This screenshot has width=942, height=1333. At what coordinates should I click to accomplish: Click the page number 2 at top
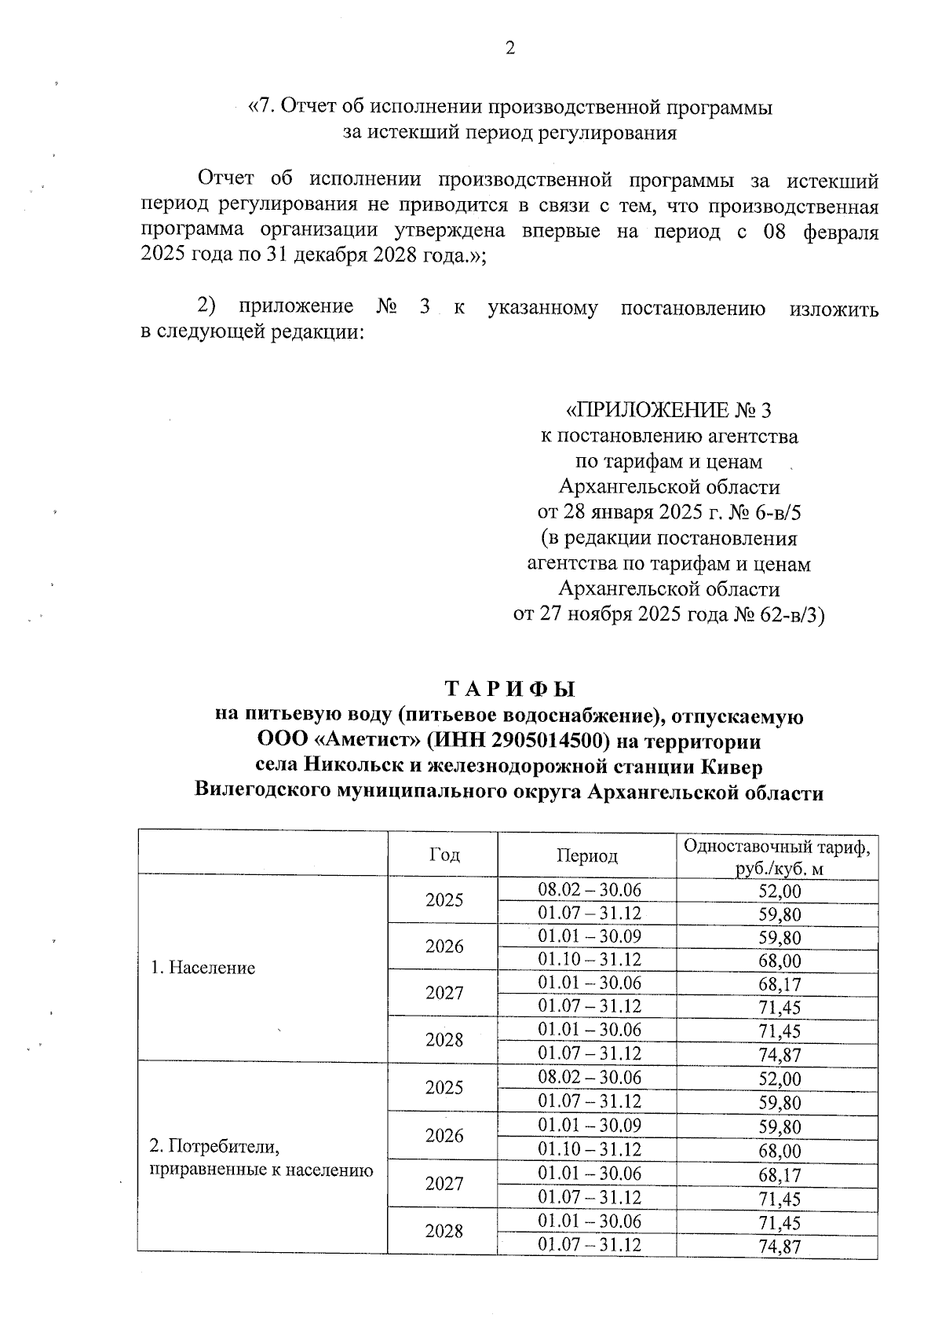[509, 49]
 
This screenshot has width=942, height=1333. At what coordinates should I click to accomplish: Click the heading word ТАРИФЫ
[509, 690]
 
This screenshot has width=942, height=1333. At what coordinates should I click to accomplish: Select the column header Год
[444, 855]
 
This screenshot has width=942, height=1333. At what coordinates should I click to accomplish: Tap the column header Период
[587, 855]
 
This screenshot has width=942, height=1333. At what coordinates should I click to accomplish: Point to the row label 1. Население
[203, 968]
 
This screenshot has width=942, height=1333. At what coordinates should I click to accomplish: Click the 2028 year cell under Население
[444, 1040]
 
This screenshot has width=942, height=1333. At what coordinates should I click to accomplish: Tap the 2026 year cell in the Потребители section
[444, 1136]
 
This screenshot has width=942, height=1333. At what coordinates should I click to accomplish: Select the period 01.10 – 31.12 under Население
[589, 960]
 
